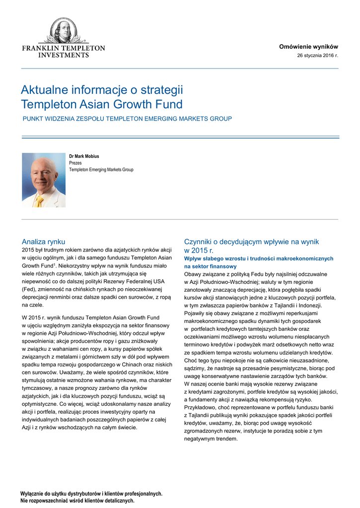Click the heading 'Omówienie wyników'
tap(308, 46)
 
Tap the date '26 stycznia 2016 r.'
tap(317, 55)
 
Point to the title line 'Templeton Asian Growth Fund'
tap(101, 105)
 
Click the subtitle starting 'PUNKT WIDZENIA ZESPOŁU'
tap(127, 119)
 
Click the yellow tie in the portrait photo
tap(40, 200)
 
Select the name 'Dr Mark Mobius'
tap(84, 156)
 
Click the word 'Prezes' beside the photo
tap(75, 163)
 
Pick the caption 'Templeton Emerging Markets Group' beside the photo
tap(101, 170)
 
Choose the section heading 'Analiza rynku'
tap(44, 242)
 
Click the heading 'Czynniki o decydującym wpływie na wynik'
tap(251, 242)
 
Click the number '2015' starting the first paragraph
tap(28, 250)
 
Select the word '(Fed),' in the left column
tap(29, 289)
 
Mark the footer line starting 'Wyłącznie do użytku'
tap(91, 494)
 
